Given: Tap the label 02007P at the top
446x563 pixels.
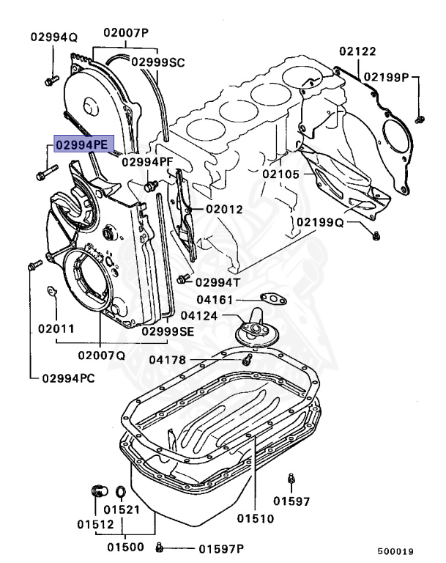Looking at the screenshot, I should click(x=125, y=33).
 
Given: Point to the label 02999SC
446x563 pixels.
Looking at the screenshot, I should click(x=158, y=62).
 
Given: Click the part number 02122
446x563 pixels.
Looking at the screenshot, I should click(x=358, y=51).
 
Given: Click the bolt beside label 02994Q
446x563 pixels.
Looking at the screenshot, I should click(x=50, y=81).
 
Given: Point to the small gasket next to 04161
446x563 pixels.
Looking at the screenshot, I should click(x=272, y=298).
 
